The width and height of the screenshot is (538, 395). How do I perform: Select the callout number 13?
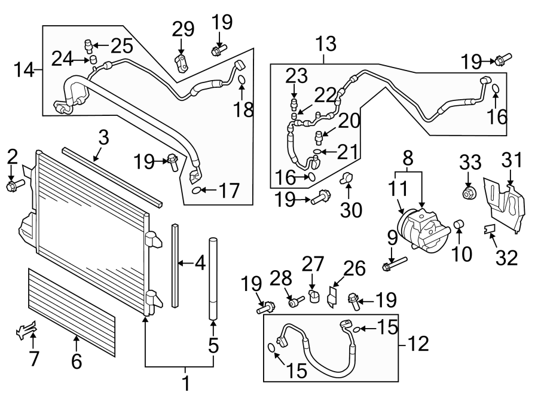click(x=326, y=44)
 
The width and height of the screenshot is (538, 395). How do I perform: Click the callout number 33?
click(x=470, y=162)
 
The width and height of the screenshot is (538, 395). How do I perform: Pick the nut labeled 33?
click(x=469, y=193)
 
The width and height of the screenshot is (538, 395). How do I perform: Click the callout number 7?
click(x=33, y=359)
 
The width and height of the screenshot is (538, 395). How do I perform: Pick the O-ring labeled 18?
click(x=242, y=81)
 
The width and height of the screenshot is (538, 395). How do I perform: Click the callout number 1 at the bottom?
click(x=185, y=383)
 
